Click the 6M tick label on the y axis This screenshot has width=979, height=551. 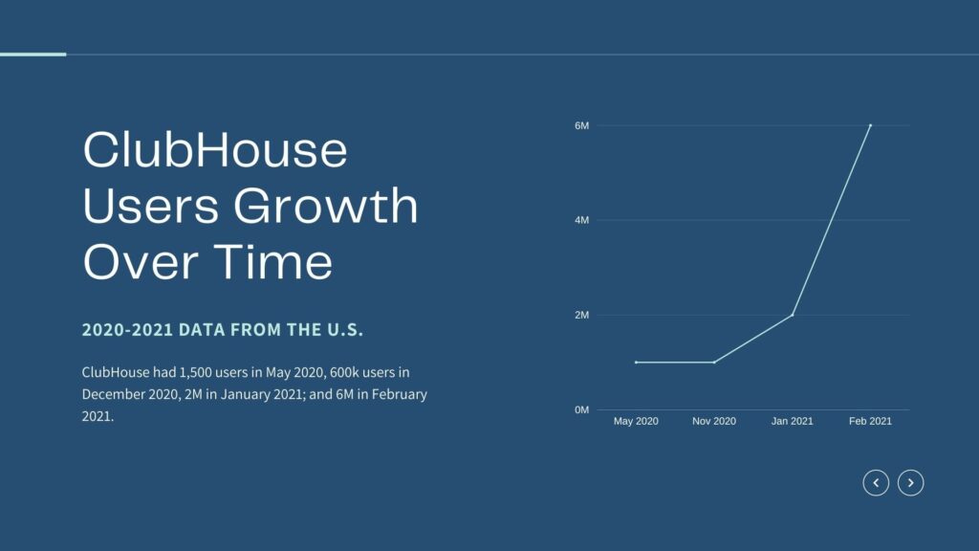pyautogui.click(x=581, y=125)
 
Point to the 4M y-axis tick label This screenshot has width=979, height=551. pyautogui.click(x=581, y=220)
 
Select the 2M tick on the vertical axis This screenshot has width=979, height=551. pyautogui.click(x=581, y=315)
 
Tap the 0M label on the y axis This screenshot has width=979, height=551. pyautogui.click(x=581, y=409)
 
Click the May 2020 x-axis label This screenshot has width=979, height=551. pyautogui.click(x=636, y=421)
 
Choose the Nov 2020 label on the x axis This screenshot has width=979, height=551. pyautogui.click(x=713, y=421)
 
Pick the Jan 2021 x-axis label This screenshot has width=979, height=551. pyautogui.click(x=792, y=421)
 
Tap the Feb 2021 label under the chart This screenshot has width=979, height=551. pyautogui.click(x=870, y=421)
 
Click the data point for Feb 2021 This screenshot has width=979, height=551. pyautogui.click(x=870, y=125)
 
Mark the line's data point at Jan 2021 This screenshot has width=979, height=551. pyautogui.click(x=793, y=315)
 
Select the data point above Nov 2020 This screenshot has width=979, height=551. pyautogui.click(x=714, y=363)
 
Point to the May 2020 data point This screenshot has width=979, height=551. pyautogui.click(x=636, y=363)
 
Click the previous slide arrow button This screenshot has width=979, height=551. pyautogui.click(x=876, y=483)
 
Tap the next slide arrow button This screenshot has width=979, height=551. pyautogui.click(x=911, y=483)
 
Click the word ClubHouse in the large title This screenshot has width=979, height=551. pyautogui.click(x=215, y=149)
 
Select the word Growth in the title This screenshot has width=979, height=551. pyautogui.click(x=325, y=205)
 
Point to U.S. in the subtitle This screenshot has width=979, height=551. pyautogui.click(x=345, y=330)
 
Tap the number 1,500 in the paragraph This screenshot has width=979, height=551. pyautogui.click(x=195, y=373)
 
